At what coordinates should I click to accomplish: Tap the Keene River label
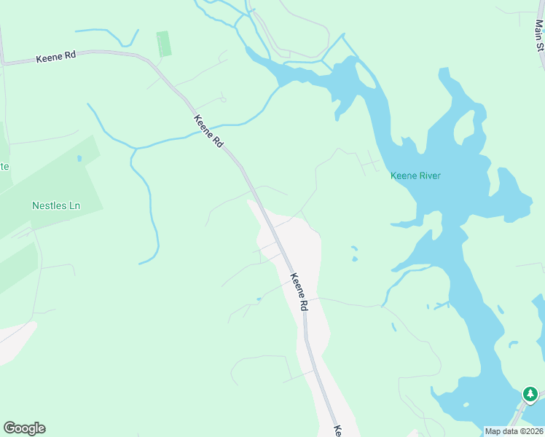(x=415, y=176)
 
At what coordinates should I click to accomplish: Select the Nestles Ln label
(x=56, y=205)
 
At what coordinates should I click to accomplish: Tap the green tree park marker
(x=530, y=395)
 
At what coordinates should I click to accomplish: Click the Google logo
(x=24, y=428)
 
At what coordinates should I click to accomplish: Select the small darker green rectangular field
(x=164, y=43)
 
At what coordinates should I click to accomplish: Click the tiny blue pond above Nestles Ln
(x=79, y=157)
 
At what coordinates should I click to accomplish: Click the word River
(x=430, y=176)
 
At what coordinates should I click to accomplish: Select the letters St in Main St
(x=540, y=46)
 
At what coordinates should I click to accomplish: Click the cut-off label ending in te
(x=4, y=166)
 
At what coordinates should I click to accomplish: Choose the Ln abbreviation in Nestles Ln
(x=73, y=205)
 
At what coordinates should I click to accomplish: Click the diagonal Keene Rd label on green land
(x=208, y=132)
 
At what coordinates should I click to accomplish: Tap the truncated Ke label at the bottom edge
(x=337, y=431)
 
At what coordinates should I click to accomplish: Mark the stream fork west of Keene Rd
(x=133, y=149)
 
